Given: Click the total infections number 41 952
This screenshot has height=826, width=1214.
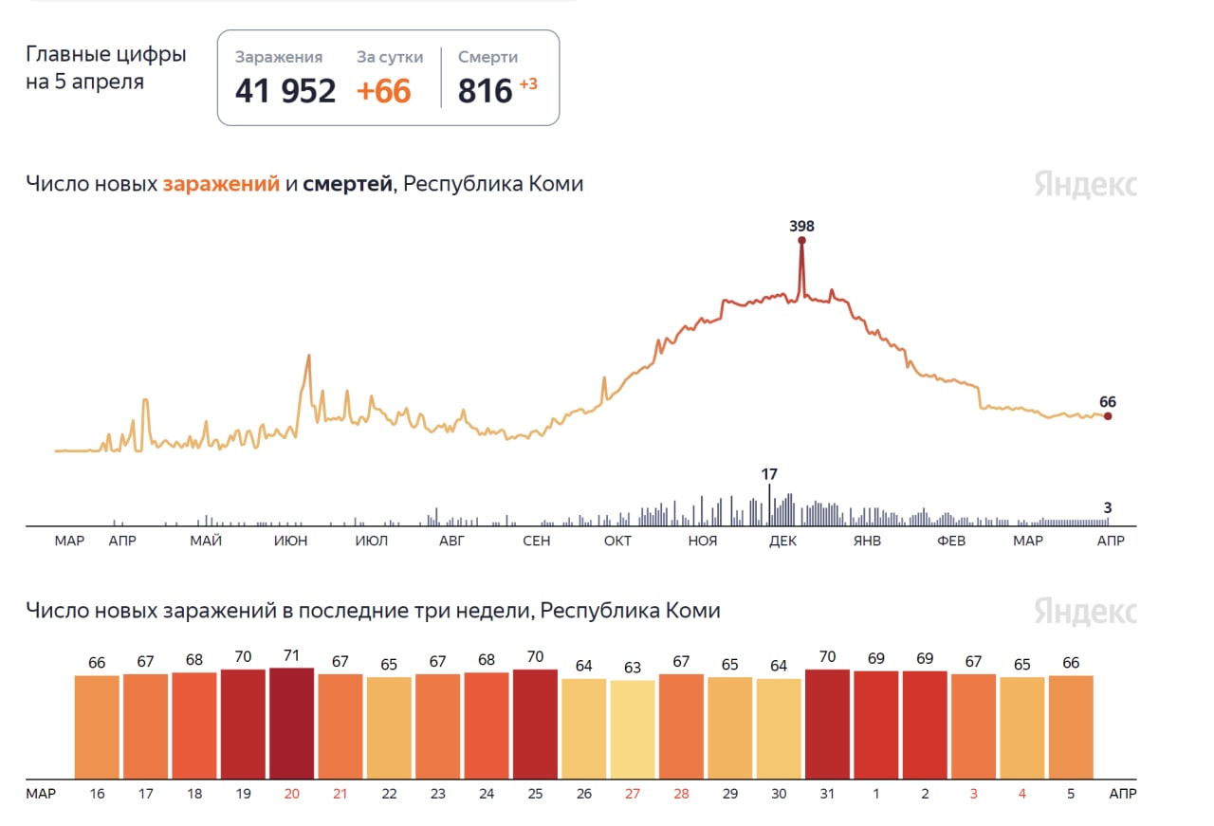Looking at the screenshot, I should [285, 91].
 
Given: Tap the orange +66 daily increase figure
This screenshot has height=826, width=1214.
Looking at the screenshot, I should [383, 91].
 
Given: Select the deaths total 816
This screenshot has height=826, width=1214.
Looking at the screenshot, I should [485, 91].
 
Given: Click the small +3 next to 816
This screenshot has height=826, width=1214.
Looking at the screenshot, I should [528, 84].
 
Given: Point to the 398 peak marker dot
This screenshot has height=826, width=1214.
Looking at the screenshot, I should [801, 241].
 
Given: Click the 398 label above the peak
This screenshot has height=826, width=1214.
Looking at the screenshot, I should [801, 226].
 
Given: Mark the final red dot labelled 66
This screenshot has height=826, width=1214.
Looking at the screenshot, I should [1108, 416].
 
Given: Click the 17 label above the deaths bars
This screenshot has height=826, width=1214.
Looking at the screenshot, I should [769, 473].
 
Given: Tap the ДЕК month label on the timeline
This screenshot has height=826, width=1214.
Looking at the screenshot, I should [782, 541].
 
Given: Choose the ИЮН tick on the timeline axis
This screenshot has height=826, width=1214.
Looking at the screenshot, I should [290, 541].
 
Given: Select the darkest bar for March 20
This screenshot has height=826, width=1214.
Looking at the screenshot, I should [291, 723].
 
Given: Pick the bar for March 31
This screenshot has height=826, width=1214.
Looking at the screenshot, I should [827, 724].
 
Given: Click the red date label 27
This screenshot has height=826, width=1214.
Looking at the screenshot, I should [633, 793].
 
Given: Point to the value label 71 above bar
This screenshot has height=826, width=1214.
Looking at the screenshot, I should [291, 655].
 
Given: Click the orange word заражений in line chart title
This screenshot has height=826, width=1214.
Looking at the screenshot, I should [221, 184].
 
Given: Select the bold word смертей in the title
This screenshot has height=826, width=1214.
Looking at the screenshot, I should [347, 184].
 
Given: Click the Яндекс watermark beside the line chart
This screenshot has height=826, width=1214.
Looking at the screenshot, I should [1085, 185].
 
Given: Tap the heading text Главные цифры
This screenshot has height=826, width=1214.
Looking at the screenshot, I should [106, 55].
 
